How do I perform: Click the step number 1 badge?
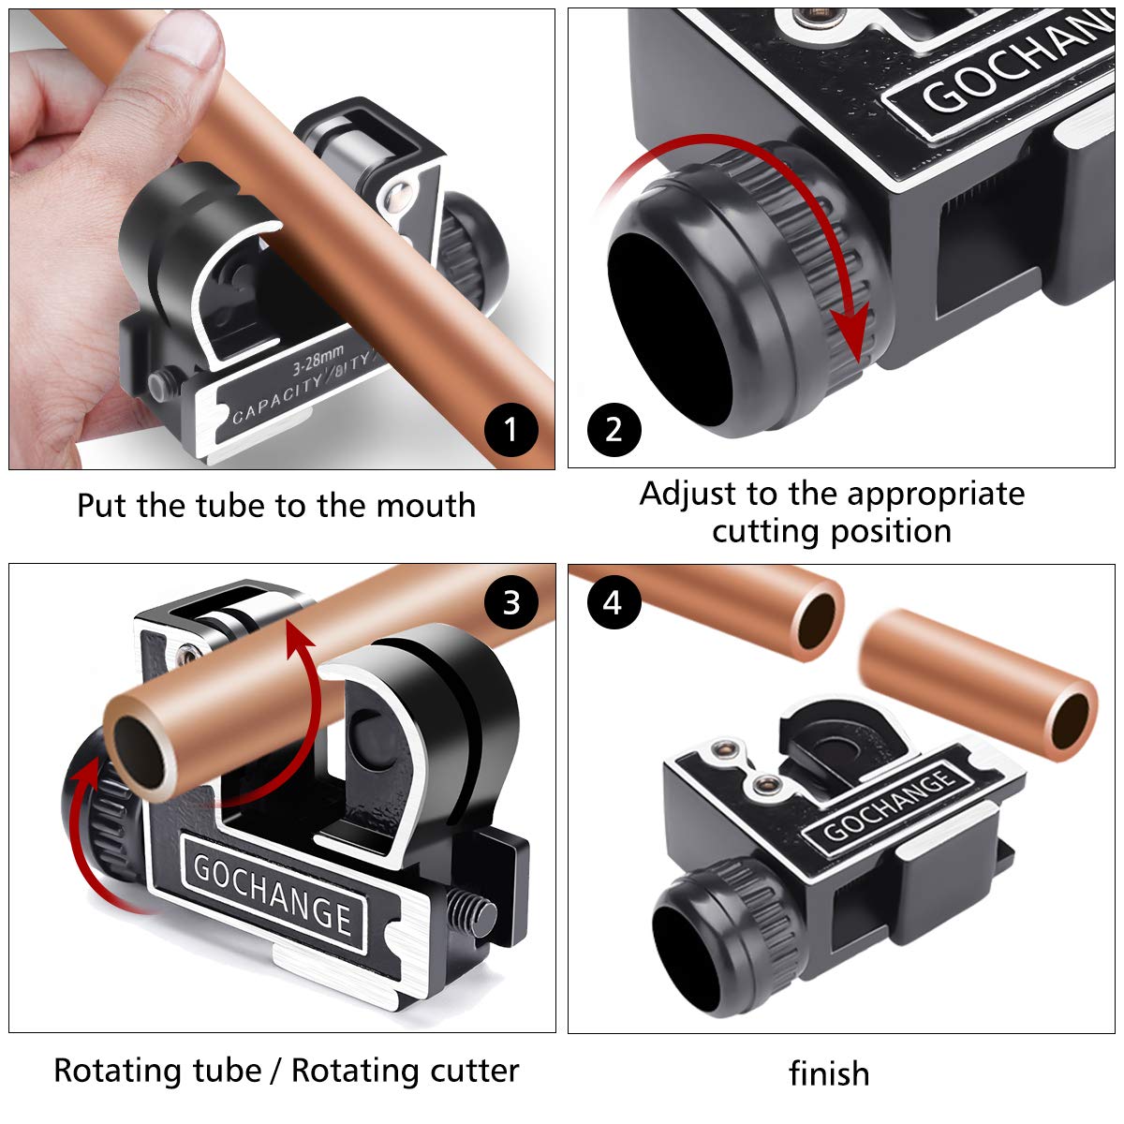(510, 430)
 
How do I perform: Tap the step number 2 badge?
(614, 430)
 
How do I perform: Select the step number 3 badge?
(510, 602)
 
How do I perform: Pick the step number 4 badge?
(613, 602)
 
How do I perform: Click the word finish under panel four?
(829, 1073)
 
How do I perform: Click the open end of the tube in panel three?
(140, 749)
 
